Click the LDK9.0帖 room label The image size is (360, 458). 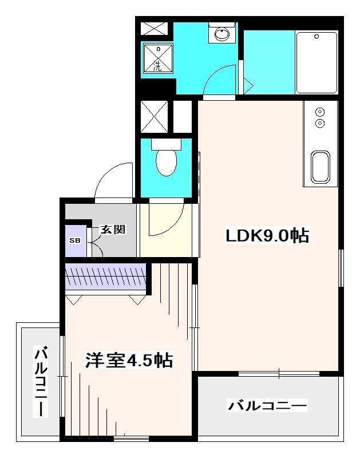tap(267, 235)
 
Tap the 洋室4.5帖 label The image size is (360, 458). tap(129, 361)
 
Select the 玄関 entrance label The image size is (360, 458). tap(113, 230)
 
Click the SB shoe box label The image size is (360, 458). tap(75, 240)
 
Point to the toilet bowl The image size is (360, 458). tap(167, 162)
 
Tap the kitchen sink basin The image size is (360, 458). tap(319, 169)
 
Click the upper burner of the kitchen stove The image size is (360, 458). tap(320, 112)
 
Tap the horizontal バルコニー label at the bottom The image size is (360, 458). tap(268, 406)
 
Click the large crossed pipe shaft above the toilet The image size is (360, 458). tap(154, 117)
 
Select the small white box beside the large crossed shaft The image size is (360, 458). tap(182, 116)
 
